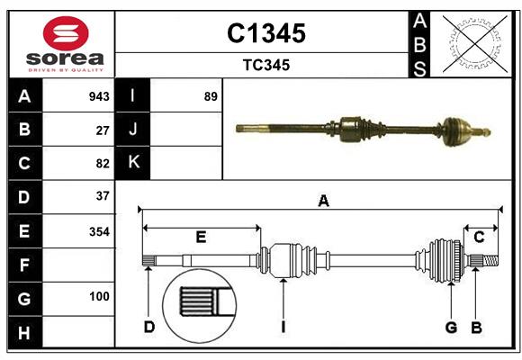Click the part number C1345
(265, 33)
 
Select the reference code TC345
(265, 65)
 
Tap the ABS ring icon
(474, 43)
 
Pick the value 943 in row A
(99, 95)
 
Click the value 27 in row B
(103, 130)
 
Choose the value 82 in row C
(103, 164)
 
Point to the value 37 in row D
(103, 196)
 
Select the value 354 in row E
(99, 231)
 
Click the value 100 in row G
(99, 296)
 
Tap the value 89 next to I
(211, 95)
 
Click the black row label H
(24, 332)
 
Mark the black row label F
(24, 265)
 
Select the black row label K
(133, 163)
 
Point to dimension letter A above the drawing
(323, 202)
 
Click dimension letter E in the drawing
(201, 237)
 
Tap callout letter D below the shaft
(149, 327)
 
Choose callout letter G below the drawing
(452, 327)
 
